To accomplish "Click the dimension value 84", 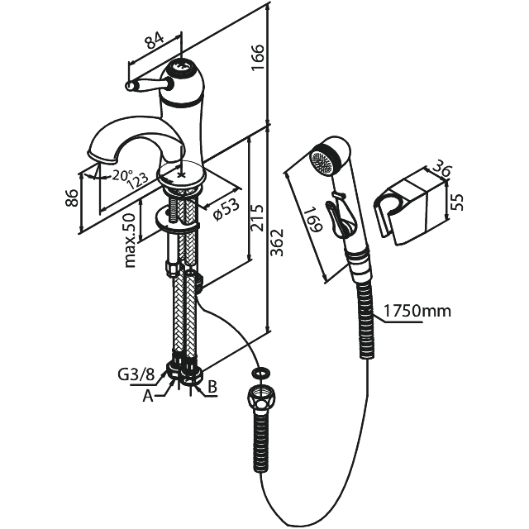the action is point(155,40).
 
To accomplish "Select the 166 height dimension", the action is point(258,57).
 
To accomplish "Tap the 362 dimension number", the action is point(277,242).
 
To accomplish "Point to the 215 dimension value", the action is point(257,217).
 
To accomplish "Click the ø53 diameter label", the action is point(226,209).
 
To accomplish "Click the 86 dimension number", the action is point(72,198).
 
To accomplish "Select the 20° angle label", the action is point(122,175).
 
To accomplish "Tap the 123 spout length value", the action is point(137,182).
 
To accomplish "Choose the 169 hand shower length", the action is point(314,221).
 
